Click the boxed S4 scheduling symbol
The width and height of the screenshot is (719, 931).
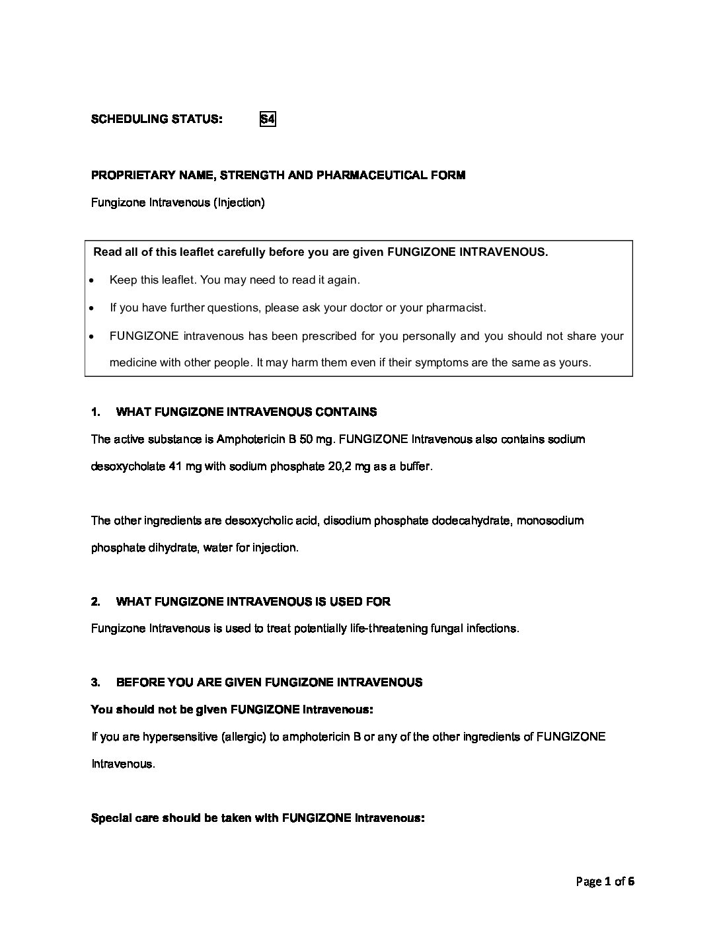(267, 120)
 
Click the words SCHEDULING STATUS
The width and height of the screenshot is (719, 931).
(157, 120)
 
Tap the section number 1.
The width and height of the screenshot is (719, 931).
(95, 413)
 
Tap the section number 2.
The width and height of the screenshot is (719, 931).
(95, 602)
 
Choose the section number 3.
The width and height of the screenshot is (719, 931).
(95, 683)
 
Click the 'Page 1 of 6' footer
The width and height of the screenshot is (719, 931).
(605, 881)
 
